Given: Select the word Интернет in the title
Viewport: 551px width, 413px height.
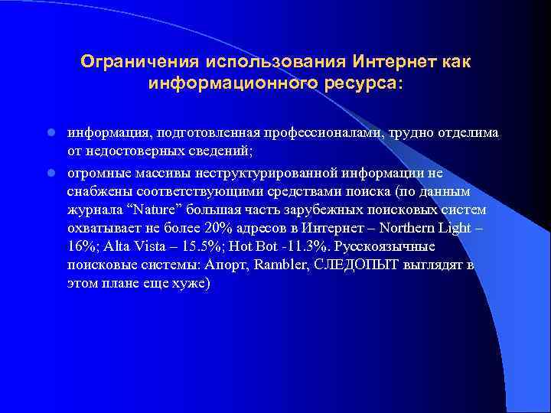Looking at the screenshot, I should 394,60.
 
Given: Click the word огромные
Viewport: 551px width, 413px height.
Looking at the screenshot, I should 96,173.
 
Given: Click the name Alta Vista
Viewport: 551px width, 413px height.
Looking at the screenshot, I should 139,247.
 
